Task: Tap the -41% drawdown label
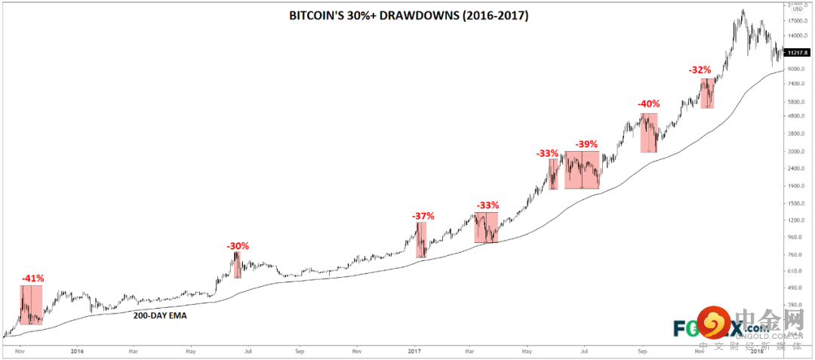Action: pos(32,278)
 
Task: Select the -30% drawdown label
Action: pos(238,245)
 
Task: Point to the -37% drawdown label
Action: pos(423,216)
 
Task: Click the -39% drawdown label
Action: pos(586,144)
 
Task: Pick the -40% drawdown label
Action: pos(648,104)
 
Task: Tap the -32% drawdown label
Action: pos(700,69)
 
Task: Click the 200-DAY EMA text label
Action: pos(160,316)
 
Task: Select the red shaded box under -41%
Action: pos(32,305)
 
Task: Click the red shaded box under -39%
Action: pos(582,170)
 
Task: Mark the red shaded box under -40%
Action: pos(649,133)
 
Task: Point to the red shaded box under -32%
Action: pos(706,93)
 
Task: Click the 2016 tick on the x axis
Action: pos(75,351)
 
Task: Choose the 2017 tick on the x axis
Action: pos(414,351)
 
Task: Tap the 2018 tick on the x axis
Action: pos(757,351)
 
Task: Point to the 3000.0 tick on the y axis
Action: pos(795,151)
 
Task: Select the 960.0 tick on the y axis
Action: pos(794,237)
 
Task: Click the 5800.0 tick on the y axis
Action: pos(795,101)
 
